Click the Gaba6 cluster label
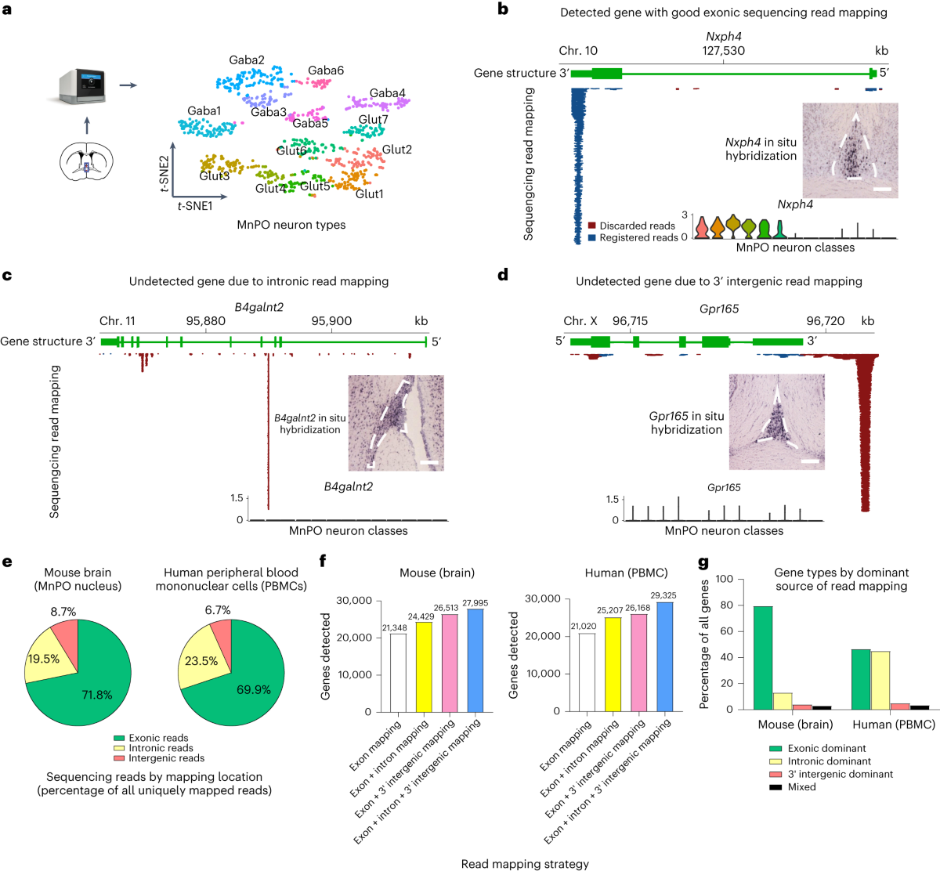[x=326, y=70]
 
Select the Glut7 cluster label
[x=373, y=120]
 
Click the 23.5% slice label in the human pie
[x=201, y=661]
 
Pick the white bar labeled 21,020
[x=586, y=672]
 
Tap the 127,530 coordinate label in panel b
[x=723, y=51]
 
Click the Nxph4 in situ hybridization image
[x=850, y=150]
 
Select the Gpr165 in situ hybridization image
[x=777, y=421]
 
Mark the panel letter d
[x=503, y=275]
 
